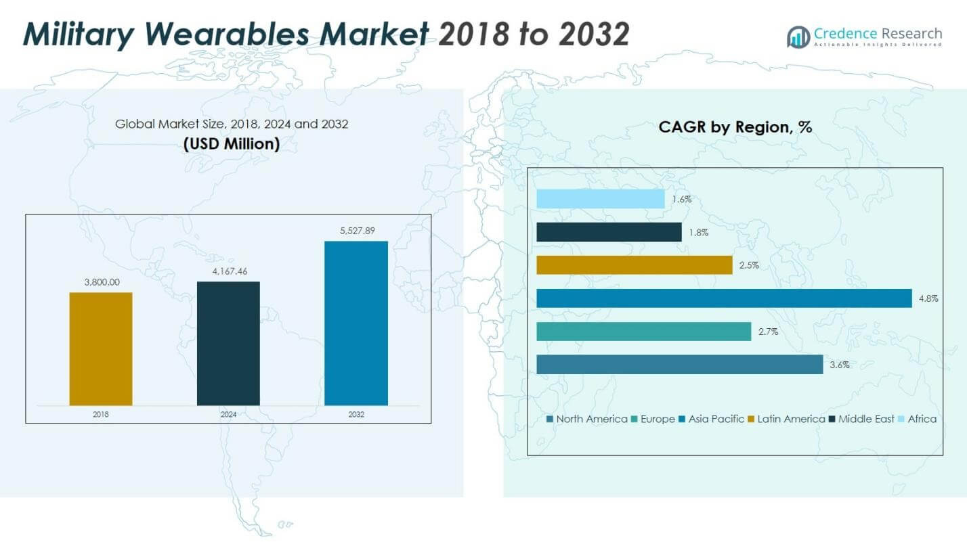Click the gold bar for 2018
coord(101,349)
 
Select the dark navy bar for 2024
coord(228,344)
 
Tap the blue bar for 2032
coord(356,323)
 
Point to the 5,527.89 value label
coord(356,231)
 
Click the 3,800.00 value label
coord(101,282)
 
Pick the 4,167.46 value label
coord(228,271)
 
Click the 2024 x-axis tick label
coord(228,414)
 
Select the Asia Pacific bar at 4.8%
coord(724,298)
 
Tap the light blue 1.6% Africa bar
coord(601,199)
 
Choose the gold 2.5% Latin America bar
coord(635,265)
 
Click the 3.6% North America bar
coord(679,365)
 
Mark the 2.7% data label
coord(769,332)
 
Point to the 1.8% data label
coord(699,232)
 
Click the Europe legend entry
coord(653,420)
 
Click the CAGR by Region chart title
coord(735,127)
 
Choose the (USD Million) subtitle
coord(231,144)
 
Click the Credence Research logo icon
coord(798,37)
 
